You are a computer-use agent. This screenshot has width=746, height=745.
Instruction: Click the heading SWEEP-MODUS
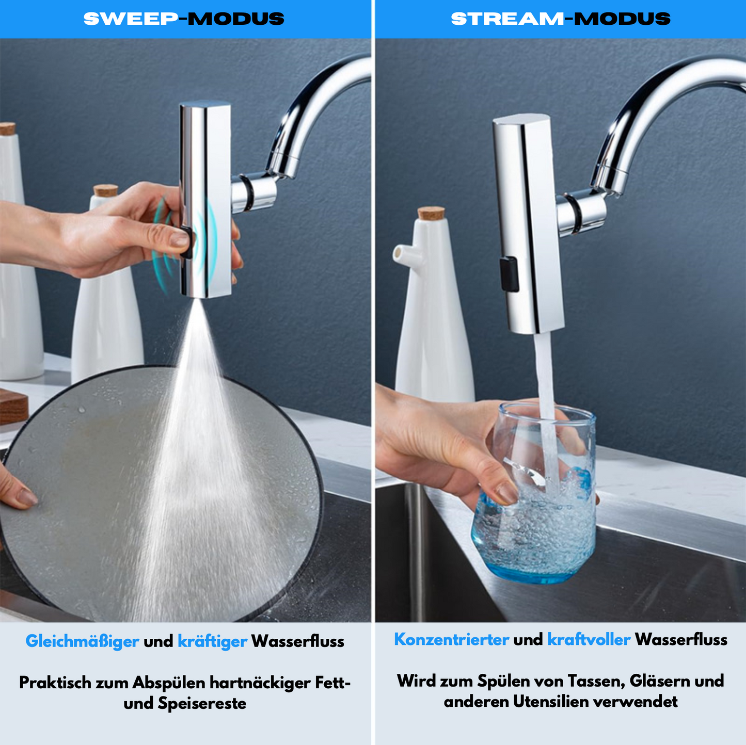pyautogui.click(x=184, y=19)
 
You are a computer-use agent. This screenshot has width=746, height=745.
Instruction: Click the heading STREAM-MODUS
pyautogui.click(x=561, y=19)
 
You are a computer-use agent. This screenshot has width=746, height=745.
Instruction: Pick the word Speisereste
pyautogui.click(x=202, y=704)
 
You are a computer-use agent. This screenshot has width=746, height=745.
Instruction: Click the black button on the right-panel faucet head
pyautogui.click(x=510, y=274)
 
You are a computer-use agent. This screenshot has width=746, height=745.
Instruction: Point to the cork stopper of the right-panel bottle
pyautogui.click(x=431, y=214)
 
